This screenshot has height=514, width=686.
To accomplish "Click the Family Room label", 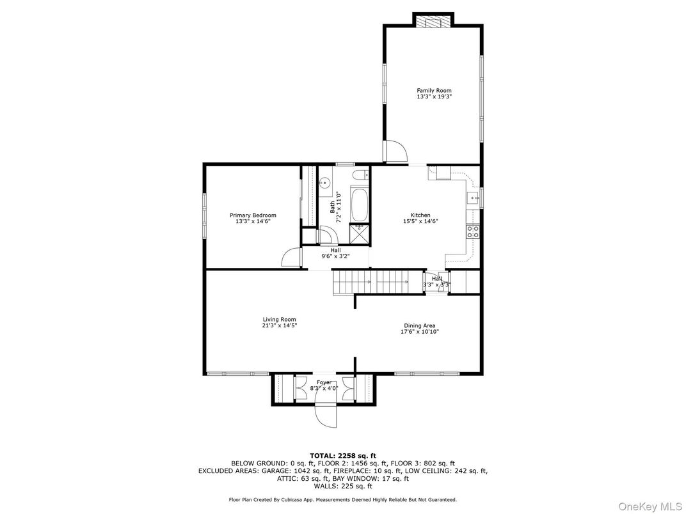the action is point(434,91).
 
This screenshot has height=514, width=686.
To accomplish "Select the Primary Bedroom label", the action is point(253,215).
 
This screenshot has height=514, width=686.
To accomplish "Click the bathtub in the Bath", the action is point(360,205).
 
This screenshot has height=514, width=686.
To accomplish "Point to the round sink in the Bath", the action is point(324,182).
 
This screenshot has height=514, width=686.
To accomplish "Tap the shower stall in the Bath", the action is point(359,233).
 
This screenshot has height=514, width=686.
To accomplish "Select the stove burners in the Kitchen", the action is point(473,231).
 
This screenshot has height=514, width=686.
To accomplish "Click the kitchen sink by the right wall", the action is point(473,199).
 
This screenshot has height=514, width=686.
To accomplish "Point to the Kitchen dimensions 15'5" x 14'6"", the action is point(420,221).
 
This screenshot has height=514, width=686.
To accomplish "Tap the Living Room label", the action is point(279,320).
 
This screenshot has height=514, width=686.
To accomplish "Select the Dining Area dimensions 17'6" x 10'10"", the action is point(419,332).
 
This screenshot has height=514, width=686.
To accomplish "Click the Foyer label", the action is point(324,382).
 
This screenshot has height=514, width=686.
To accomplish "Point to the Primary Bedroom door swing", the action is point(291,257).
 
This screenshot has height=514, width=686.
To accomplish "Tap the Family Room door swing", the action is point(395,152).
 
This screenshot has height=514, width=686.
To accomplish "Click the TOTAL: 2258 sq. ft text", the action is point(343,456).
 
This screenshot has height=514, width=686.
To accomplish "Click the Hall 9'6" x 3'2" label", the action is point(335,253).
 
